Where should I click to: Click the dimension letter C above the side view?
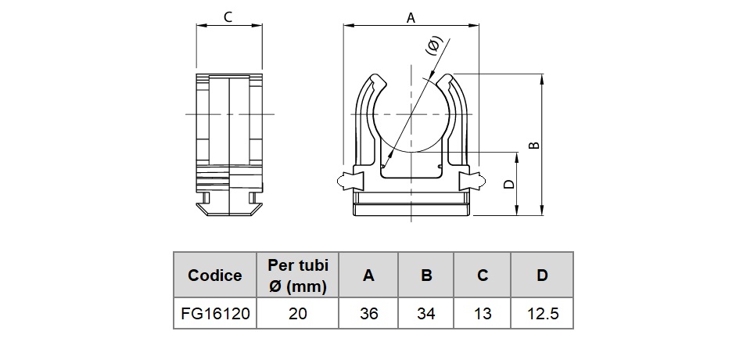coord(228,17)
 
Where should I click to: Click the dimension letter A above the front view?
coord(411,17)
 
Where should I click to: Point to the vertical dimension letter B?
coord(534,145)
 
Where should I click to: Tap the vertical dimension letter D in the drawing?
coord(508,184)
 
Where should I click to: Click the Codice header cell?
coord(214,275)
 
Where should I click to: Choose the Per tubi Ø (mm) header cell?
coord(297,275)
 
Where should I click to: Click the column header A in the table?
coord(368,275)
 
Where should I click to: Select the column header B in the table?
coord(426,275)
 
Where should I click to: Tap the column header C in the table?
coord(483,275)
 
